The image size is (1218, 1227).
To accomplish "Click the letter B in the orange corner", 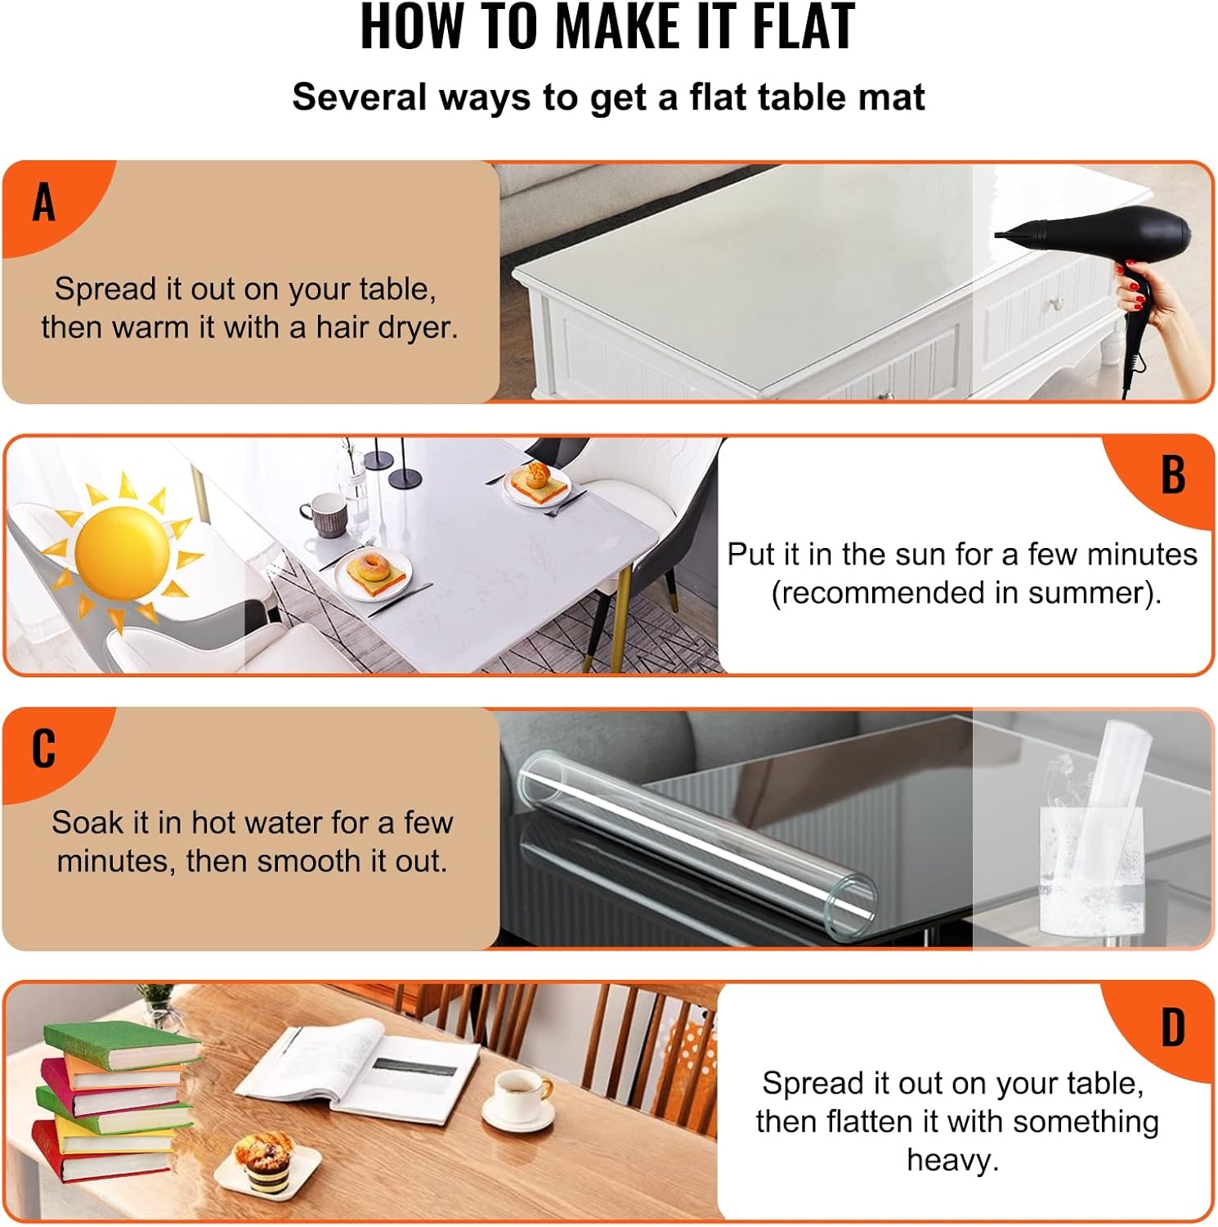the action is [1173, 474].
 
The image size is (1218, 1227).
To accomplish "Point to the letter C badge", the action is [44, 748].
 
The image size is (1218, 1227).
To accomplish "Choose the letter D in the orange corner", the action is [1173, 1027].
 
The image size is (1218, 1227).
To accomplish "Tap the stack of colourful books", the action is [114, 1100].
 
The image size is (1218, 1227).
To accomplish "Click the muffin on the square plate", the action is [263, 1153].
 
